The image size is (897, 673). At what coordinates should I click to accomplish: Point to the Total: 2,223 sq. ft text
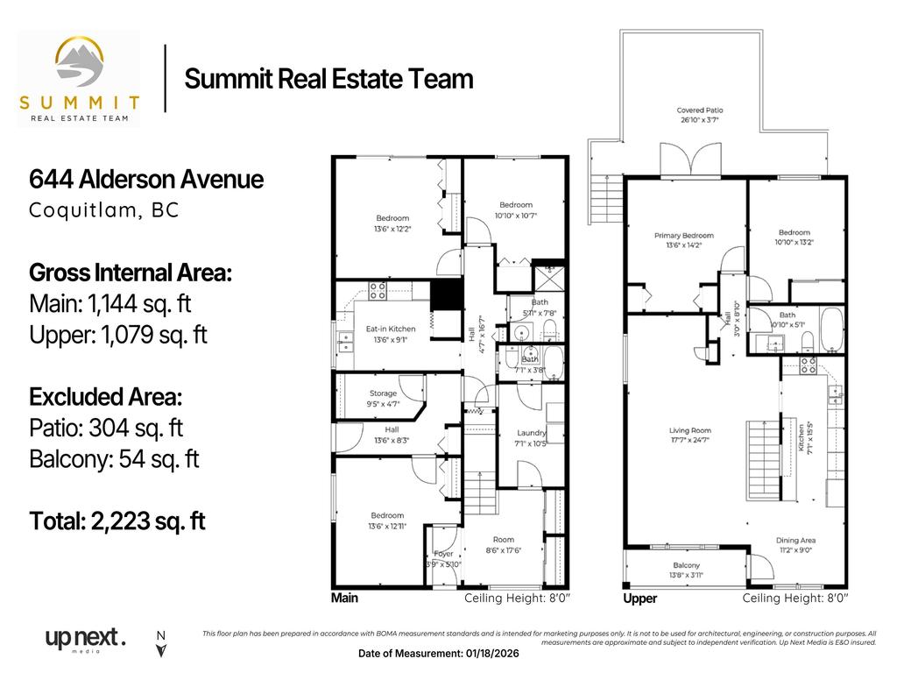click(117, 521)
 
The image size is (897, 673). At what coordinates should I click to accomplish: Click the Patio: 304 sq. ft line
click(106, 429)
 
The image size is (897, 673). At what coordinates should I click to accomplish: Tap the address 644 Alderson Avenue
click(146, 180)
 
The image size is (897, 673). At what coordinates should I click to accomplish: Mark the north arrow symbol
click(160, 646)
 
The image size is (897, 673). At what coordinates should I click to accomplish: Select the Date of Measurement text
click(452, 654)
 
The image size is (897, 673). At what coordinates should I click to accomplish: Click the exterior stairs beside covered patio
click(605, 190)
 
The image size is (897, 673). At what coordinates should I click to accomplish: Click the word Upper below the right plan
click(639, 599)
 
